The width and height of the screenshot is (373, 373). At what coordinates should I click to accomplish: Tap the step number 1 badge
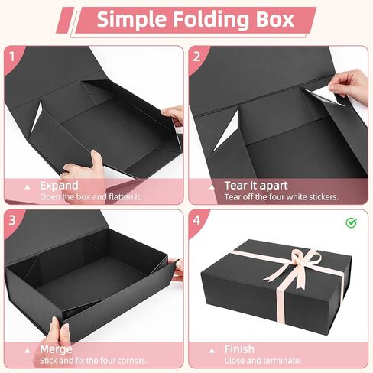coord(12,57)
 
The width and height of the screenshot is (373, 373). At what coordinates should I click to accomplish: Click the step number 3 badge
coord(12,220)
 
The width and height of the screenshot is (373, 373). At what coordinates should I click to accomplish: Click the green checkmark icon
coord(351,223)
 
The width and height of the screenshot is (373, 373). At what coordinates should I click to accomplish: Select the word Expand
coord(58,186)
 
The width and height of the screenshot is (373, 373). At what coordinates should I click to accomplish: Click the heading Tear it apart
coord(257,186)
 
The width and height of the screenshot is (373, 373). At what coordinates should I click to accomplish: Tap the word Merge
coord(55,349)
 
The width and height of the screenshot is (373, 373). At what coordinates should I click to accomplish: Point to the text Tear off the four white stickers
coord(281,197)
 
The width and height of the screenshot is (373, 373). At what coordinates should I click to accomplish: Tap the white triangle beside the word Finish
coord(212,349)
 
